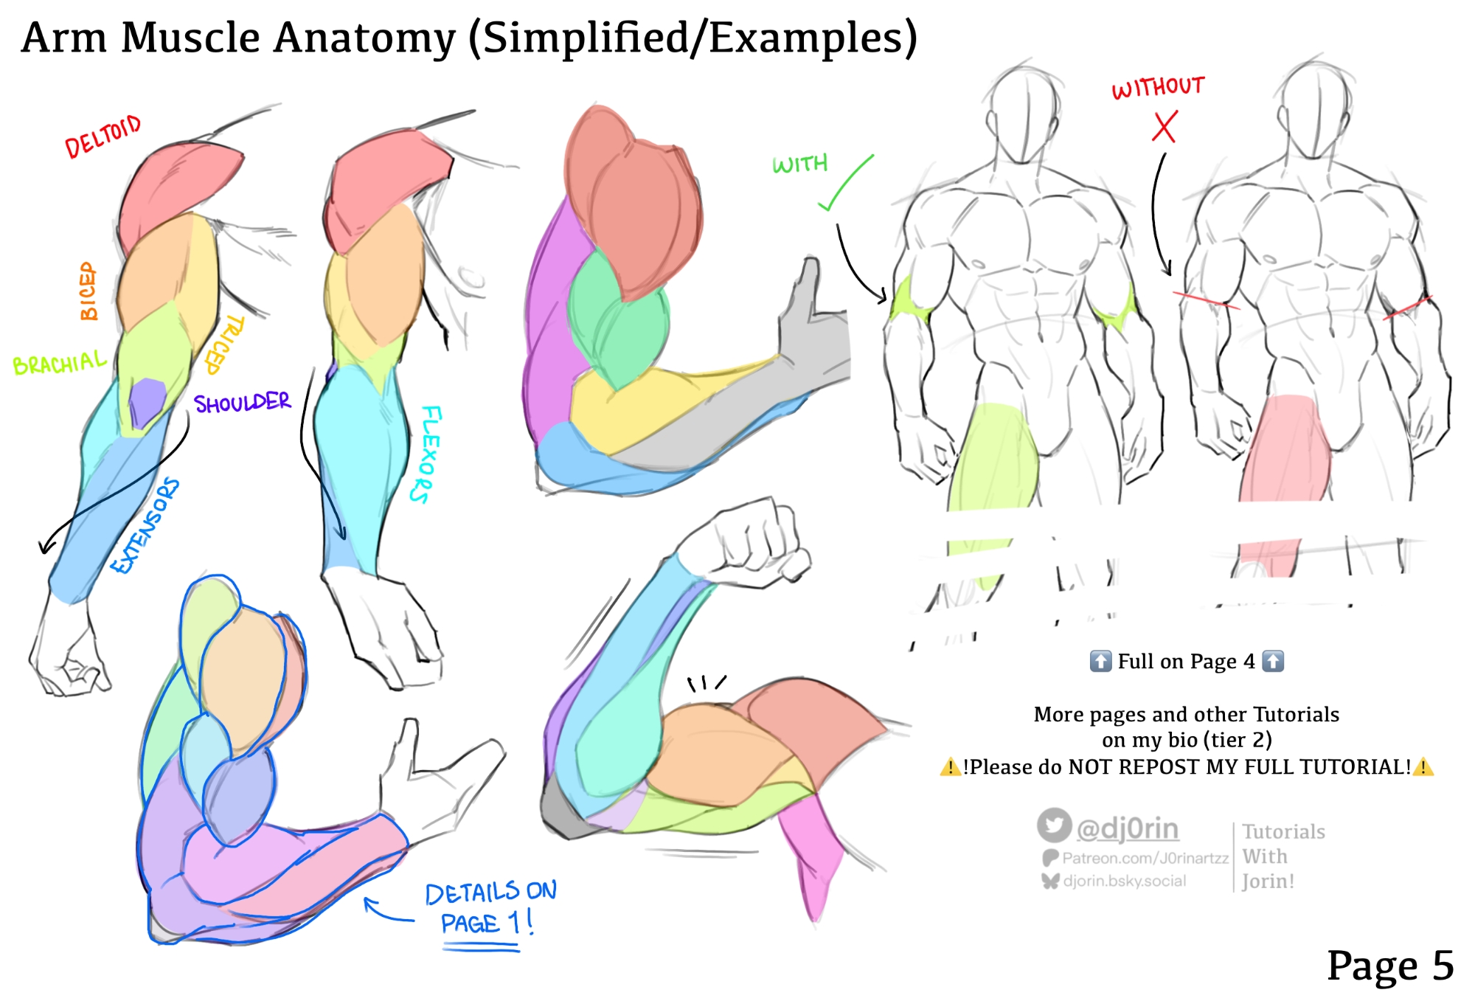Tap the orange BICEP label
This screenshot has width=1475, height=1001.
click(88, 291)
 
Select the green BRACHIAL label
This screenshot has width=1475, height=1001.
click(60, 363)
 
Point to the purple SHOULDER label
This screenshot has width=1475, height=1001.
click(242, 403)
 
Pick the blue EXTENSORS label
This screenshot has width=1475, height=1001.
click(145, 525)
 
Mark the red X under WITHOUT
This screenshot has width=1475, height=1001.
click(1165, 126)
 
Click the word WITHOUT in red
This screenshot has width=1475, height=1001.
click(1158, 87)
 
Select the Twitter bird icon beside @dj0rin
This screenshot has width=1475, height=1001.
click(1054, 825)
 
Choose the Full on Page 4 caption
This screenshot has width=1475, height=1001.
click(1186, 661)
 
